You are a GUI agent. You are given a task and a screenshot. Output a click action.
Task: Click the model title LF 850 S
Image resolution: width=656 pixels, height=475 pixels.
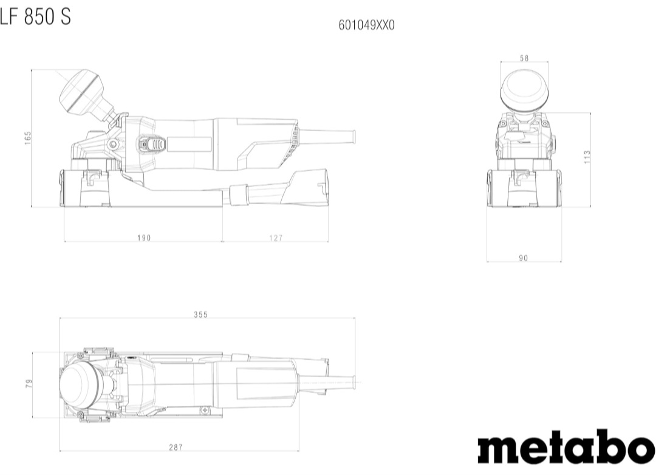[x=35, y=17]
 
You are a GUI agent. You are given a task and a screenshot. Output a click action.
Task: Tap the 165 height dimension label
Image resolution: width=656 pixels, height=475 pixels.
[x=28, y=138]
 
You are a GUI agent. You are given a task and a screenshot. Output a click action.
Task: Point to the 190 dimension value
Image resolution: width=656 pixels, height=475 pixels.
[x=144, y=237]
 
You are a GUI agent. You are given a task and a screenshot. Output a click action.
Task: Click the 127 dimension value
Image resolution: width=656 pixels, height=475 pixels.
[x=276, y=237]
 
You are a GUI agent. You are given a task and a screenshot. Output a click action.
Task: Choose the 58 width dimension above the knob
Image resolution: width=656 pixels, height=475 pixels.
[x=524, y=58]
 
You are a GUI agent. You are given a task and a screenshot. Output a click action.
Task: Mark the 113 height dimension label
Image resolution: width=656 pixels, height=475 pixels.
[x=587, y=157]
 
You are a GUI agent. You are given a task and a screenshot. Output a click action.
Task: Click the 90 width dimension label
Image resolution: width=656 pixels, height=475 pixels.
[x=524, y=258]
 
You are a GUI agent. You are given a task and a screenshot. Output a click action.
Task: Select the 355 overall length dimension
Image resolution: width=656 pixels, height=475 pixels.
[x=201, y=314]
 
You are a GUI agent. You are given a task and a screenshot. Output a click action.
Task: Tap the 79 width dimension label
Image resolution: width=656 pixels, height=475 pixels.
[x=29, y=383]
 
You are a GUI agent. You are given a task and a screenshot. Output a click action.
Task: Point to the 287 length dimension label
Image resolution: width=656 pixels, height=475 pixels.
[x=176, y=448]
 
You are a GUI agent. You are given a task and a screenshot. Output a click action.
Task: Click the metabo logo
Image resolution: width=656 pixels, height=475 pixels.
[x=567, y=446]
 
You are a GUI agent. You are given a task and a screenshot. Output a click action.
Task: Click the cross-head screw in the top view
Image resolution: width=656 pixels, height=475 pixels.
[x=205, y=411]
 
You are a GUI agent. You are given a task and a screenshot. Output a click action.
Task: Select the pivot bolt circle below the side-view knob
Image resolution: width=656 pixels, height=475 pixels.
[x=112, y=145]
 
